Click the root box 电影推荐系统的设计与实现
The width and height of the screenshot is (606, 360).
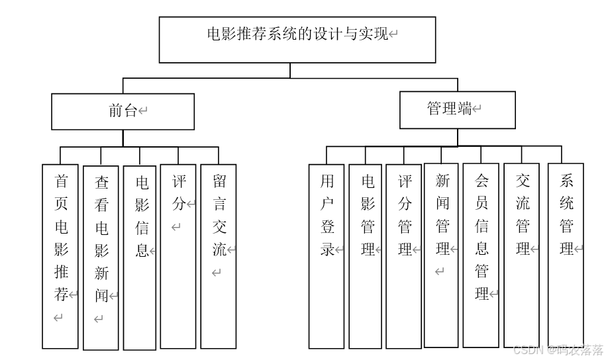(297, 40)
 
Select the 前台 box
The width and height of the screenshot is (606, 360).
(123, 111)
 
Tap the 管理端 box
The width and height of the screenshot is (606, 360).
(457, 109)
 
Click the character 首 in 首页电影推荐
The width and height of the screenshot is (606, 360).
(60, 181)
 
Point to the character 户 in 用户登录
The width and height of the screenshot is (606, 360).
(327, 204)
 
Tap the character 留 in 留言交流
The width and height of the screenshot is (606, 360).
(219, 181)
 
